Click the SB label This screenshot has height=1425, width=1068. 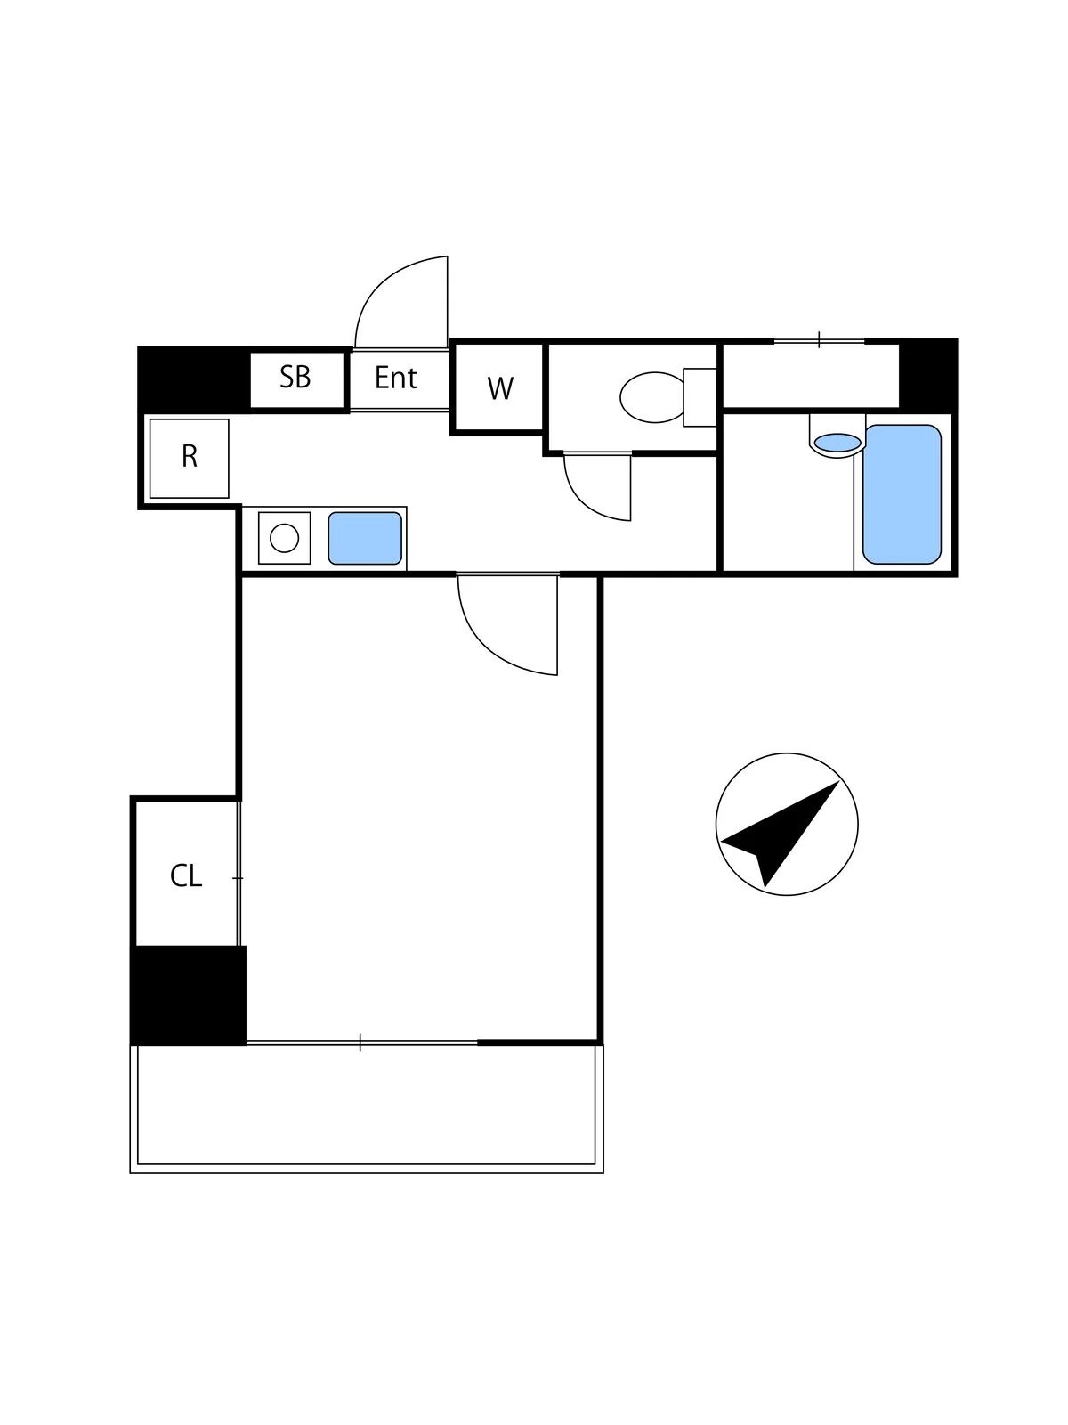click(x=295, y=377)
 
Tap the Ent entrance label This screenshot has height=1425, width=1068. click(x=395, y=378)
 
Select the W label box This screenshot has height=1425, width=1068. click(x=498, y=387)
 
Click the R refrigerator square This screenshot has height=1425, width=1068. click(x=190, y=459)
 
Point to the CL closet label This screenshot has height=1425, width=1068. click(x=186, y=875)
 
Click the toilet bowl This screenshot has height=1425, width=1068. click(x=652, y=397)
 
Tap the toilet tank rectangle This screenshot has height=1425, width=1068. click(x=700, y=397)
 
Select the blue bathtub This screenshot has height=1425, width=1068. click(x=902, y=494)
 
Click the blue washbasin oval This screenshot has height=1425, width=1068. click(x=837, y=443)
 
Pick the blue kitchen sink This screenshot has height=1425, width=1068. click(x=365, y=538)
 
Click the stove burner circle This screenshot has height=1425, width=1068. click(x=284, y=538)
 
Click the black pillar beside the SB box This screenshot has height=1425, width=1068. click(x=194, y=379)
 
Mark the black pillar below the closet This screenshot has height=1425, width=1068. click(x=188, y=995)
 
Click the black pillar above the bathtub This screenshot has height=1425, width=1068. click(x=928, y=375)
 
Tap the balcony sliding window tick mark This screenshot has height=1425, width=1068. click(x=360, y=1042)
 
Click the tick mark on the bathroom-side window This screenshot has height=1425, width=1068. click(x=819, y=339)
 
